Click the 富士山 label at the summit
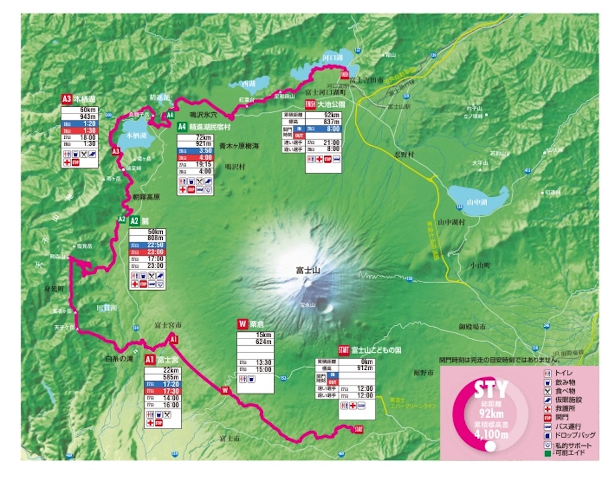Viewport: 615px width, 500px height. pos(308,271)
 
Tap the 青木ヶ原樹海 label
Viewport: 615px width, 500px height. pos(239,145)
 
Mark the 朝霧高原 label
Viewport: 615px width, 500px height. pos(147,197)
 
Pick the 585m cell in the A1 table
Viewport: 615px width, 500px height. pos(163,378)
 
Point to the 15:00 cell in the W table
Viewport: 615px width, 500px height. pos(265,369)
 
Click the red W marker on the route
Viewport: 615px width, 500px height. pos(225,391)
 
